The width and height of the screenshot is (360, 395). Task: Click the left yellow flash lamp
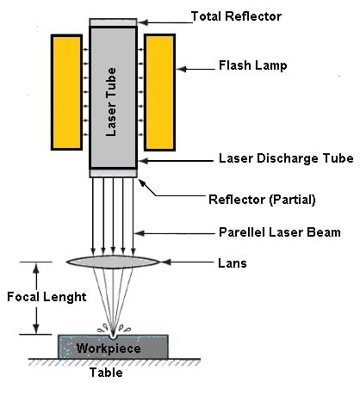(x=65, y=91)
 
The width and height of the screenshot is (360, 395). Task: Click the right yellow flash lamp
(x=159, y=91)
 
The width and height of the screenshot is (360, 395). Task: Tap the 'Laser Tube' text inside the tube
(x=112, y=94)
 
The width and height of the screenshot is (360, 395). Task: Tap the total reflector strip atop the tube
(x=113, y=21)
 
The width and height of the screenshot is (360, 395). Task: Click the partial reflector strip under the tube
(x=113, y=173)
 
